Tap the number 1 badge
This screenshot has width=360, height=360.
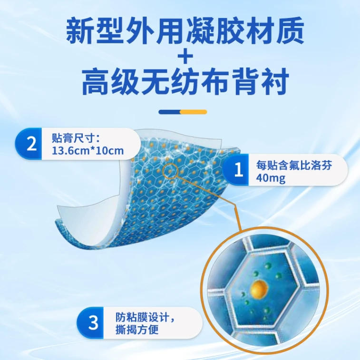pyautogui.click(x=236, y=170)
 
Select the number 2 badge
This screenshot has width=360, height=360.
pyautogui.click(x=29, y=144)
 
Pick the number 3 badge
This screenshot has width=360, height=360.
pyautogui.click(x=91, y=322)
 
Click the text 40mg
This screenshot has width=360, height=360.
pyautogui.click(x=271, y=178)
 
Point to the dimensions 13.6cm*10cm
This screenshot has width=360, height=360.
pyautogui.click(x=88, y=151)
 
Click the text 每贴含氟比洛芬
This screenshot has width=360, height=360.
pyautogui.click(x=294, y=165)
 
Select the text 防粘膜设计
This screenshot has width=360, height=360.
pyautogui.click(x=145, y=318)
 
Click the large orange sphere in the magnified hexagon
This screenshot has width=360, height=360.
pyautogui.click(x=260, y=287)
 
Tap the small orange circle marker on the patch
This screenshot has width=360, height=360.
pyautogui.click(x=170, y=171)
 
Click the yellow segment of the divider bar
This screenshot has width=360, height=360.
pyautogui.click(x=194, y=112)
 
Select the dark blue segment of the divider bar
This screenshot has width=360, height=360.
pyautogui.click(x=169, y=112)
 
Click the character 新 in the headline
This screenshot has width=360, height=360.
pyautogui.click(x=81, y=30)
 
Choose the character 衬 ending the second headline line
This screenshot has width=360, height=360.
pyautogui.click(x=274, y=82)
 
